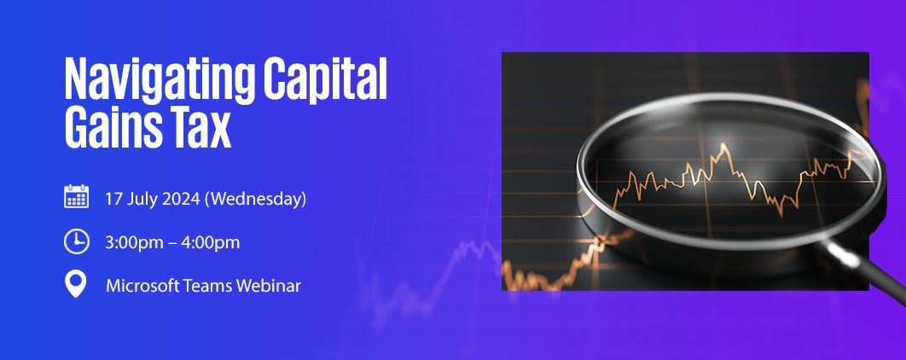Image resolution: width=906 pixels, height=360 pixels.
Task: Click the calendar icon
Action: click(76, 196)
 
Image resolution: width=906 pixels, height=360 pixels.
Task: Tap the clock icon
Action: click(76, 241)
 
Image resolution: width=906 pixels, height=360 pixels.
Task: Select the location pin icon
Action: click(76, 284)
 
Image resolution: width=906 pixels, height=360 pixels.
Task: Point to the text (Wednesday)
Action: click(255, 200)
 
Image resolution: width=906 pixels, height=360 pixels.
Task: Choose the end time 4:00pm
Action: click(211, 242)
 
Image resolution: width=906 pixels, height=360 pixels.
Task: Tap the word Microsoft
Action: click(142, 286)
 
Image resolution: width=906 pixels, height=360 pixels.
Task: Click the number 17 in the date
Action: click(112, 200)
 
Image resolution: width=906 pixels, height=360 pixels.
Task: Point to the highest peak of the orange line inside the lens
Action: click(723, 144)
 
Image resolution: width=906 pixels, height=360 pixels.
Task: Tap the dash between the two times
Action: click(172, 243)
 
